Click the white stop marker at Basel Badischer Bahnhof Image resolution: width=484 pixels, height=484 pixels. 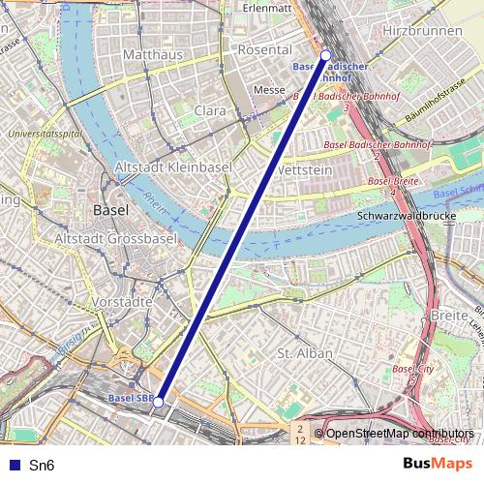click(x=325, y=55)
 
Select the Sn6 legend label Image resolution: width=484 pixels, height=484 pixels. click(x=42, y=466)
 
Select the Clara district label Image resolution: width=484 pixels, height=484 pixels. click(x=210, y=111)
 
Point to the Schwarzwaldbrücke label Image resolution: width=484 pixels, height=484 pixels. click(x=406, y=215)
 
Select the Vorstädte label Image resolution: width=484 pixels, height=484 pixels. click(x=127, y=302)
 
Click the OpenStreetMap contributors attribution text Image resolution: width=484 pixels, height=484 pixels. click(x=400, y=433)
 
